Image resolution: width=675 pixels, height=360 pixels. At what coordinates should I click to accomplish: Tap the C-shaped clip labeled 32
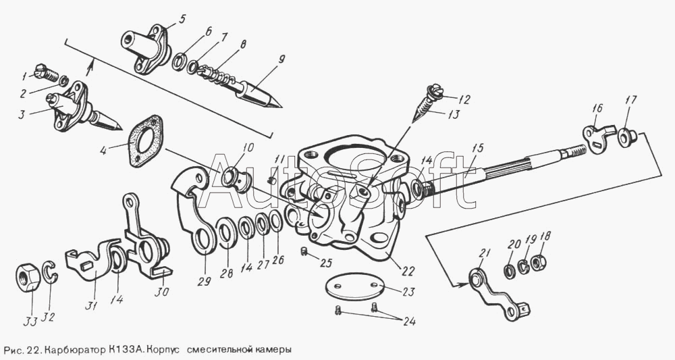50,272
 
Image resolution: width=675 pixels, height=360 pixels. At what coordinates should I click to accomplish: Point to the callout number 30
162,292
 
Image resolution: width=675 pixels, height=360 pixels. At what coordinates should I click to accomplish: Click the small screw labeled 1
44,72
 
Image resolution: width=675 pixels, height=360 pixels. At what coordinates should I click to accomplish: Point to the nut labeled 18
539,261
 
